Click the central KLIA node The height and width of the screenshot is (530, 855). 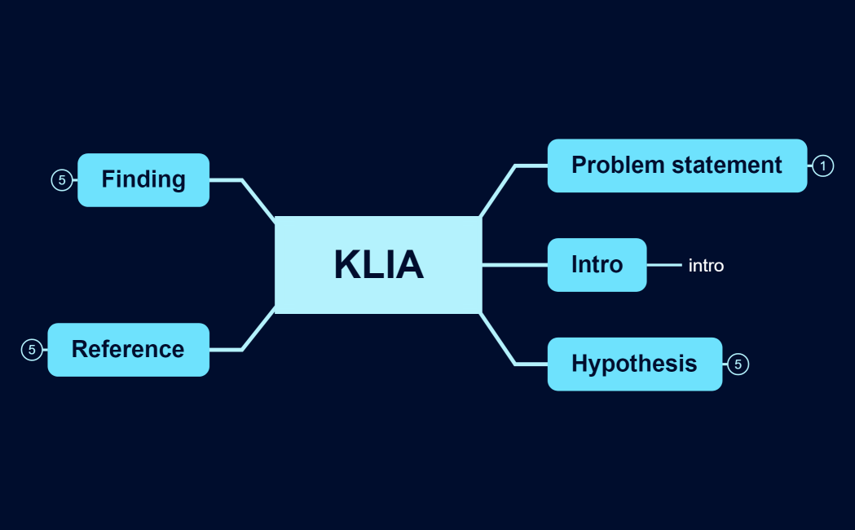[378, 264]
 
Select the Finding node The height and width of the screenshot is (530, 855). [143, 179]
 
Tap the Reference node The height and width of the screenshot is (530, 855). [128, 349]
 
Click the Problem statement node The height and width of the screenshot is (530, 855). [677, 166]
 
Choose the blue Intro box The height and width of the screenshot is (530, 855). [597, 265]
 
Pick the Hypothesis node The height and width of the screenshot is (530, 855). [634, 364]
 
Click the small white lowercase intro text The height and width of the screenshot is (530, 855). [706, 266]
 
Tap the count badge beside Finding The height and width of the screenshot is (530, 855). [62, 180]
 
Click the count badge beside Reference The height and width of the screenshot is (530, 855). [32, 350]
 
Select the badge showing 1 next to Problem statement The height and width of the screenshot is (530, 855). [822, 166]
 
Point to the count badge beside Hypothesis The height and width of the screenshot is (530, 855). [738, 364]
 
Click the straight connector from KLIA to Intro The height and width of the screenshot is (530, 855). [514, 265]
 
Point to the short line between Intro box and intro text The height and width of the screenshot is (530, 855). [663, 265]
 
